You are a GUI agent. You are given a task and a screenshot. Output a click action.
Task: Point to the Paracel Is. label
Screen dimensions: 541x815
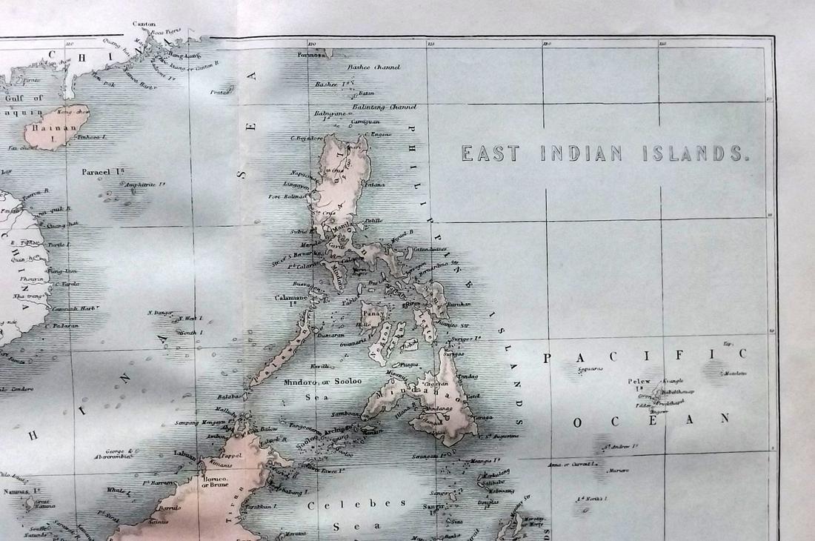point(102,172)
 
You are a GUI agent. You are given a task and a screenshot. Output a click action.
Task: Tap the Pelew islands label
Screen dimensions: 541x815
point(639,381)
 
